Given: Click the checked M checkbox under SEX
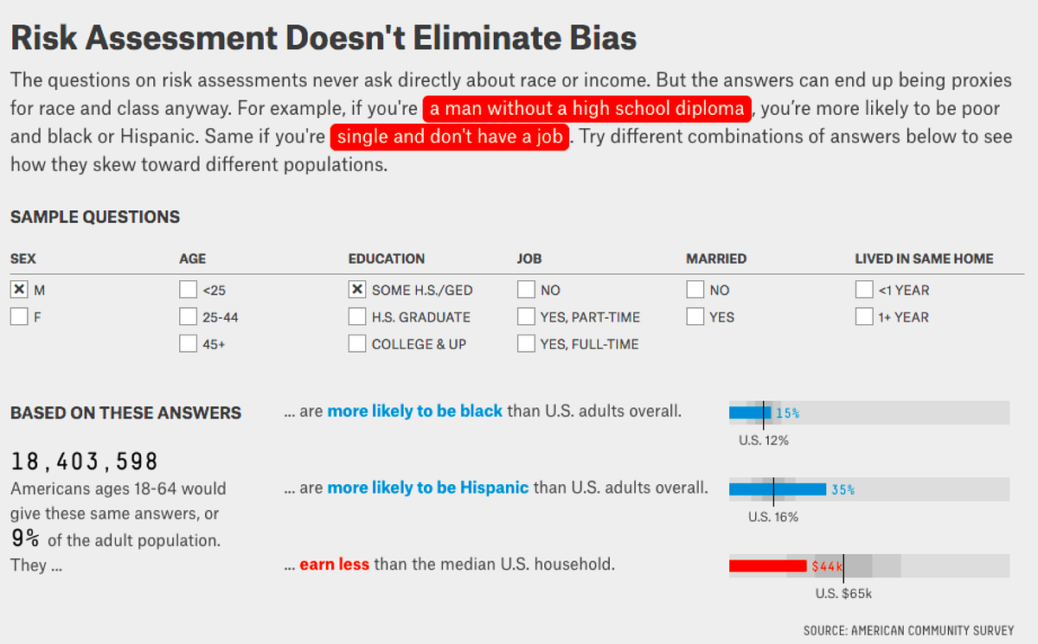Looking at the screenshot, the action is point(19,290).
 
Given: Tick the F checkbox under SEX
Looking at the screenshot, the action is point(19,317).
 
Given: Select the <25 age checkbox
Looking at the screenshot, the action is point(189,290).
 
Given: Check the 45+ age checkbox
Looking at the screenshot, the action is point(189,344).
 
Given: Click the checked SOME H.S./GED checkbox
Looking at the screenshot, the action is point(357,290).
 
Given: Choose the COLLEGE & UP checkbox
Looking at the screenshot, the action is point(357,344).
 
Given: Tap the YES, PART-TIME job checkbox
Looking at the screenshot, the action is point(527,317).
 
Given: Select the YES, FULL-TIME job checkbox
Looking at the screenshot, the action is point(527,344).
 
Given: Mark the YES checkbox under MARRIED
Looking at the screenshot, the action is point(695,317).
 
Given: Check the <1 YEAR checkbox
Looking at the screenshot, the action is point(864,290).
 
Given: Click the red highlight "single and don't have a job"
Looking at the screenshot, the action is point(450,137).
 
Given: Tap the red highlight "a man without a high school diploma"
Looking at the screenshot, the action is point(586,109).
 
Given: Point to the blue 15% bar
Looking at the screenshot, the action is point(750,412).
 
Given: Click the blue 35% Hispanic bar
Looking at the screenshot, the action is point(778,489).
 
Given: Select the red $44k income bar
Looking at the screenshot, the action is point(768,565).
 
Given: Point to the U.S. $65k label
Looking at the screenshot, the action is point(843,594).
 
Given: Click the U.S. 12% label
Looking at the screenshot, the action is point(764,440).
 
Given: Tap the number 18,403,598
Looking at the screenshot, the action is point(85,462).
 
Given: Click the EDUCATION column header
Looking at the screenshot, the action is point(387,258).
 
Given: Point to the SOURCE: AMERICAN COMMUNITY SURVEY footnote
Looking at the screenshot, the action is point(909,630).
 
